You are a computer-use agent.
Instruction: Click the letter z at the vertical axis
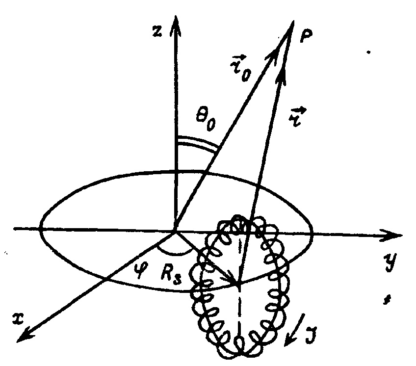click(156, 30)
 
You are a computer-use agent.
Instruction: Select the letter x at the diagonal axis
click(18, 318)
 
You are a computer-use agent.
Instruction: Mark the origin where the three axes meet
click(174, 230)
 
